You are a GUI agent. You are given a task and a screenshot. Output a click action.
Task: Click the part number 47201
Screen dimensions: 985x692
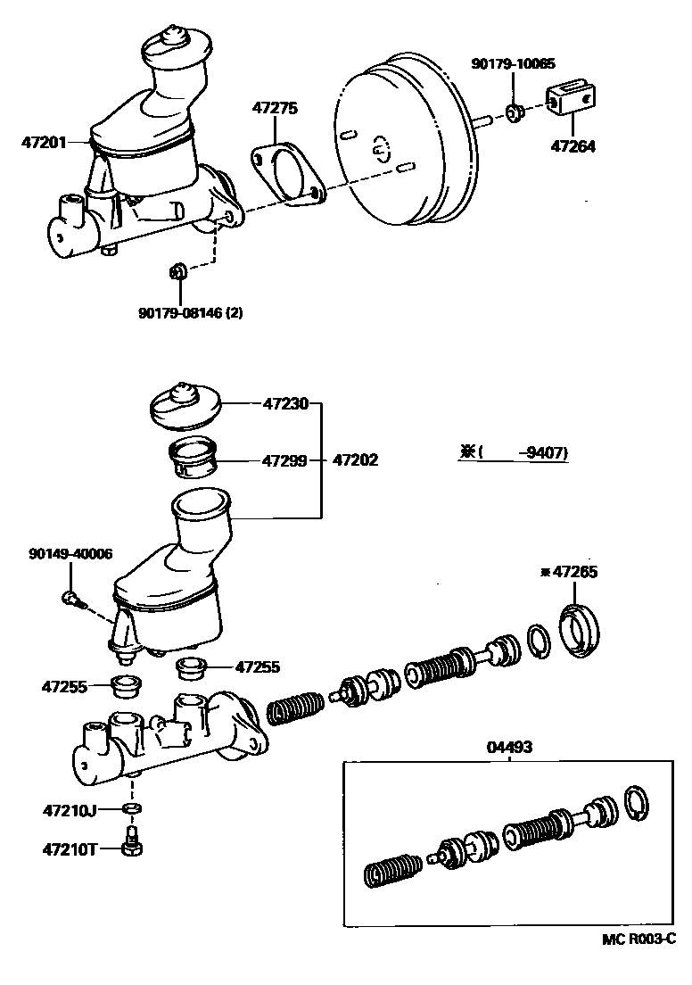coord(45,142)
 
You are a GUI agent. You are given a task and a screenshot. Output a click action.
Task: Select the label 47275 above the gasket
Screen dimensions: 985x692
coord(274,108)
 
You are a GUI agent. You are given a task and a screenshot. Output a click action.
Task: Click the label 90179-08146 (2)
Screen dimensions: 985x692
coord(190,313)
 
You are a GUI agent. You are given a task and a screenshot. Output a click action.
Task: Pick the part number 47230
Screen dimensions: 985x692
coord(285,404)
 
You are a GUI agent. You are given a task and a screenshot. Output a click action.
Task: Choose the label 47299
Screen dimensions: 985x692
coord(285,461)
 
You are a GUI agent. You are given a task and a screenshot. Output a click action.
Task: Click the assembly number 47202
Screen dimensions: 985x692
coord(355,461)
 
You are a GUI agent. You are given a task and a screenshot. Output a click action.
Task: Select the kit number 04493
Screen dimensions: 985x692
coord(509,747)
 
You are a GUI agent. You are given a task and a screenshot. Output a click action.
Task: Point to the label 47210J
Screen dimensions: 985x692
coord(70,810)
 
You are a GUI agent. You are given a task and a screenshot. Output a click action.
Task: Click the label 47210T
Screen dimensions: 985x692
coord(70,848)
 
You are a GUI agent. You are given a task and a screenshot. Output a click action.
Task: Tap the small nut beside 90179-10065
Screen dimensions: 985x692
coord(515,113)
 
